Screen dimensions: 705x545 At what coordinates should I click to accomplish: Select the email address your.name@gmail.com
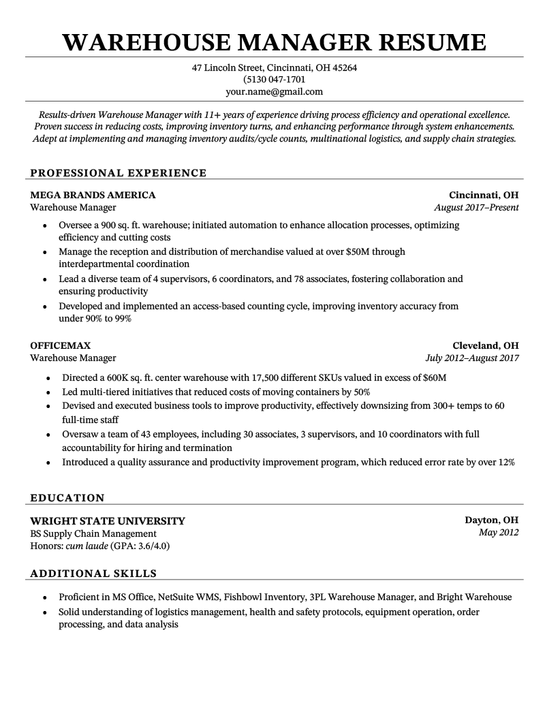pos(275,91)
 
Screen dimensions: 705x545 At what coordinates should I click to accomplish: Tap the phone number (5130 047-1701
pos(275,80)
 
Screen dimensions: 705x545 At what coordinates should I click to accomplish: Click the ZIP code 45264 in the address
pos(343,68)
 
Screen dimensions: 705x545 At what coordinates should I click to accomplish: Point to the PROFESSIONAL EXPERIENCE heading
pos(118,173)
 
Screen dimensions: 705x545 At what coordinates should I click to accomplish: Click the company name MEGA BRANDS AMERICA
pos(93,195)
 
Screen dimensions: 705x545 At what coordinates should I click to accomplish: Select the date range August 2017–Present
pos(476,208)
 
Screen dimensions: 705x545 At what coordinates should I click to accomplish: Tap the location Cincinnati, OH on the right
pos(484,195)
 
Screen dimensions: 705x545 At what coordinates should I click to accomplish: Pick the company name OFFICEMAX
pos(61,345)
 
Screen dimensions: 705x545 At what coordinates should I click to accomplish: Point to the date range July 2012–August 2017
pos(472,358)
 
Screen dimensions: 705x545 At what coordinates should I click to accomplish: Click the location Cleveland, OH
pos(486,345)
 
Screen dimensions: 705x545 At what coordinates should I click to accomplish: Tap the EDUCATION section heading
pos(67,498)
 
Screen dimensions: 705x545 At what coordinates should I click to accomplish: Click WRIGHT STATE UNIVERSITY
pos(108,521)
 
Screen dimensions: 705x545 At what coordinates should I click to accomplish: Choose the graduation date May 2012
pos(499,533)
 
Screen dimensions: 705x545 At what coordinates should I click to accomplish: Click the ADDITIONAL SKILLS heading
pos(93,574)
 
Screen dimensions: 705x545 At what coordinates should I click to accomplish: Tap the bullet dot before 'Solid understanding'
pos(45,612)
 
